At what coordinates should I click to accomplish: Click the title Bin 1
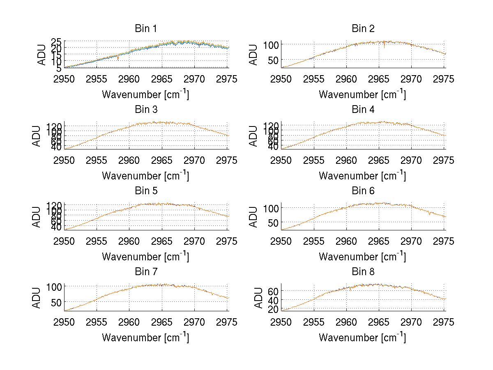point(146,29)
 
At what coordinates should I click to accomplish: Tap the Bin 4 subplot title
point(363,110)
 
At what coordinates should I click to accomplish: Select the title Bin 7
point(146,272)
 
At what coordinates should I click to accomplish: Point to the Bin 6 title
point(363,191)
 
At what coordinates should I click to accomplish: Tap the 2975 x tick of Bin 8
point(444,322)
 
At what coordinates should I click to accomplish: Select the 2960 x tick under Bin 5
point(129,241)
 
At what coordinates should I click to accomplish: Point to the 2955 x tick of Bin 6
point(314,241)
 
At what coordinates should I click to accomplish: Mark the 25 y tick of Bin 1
point(57,41)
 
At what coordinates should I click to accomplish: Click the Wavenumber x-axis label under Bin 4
point(362,175)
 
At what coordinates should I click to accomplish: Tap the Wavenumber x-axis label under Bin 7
point(145,338)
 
